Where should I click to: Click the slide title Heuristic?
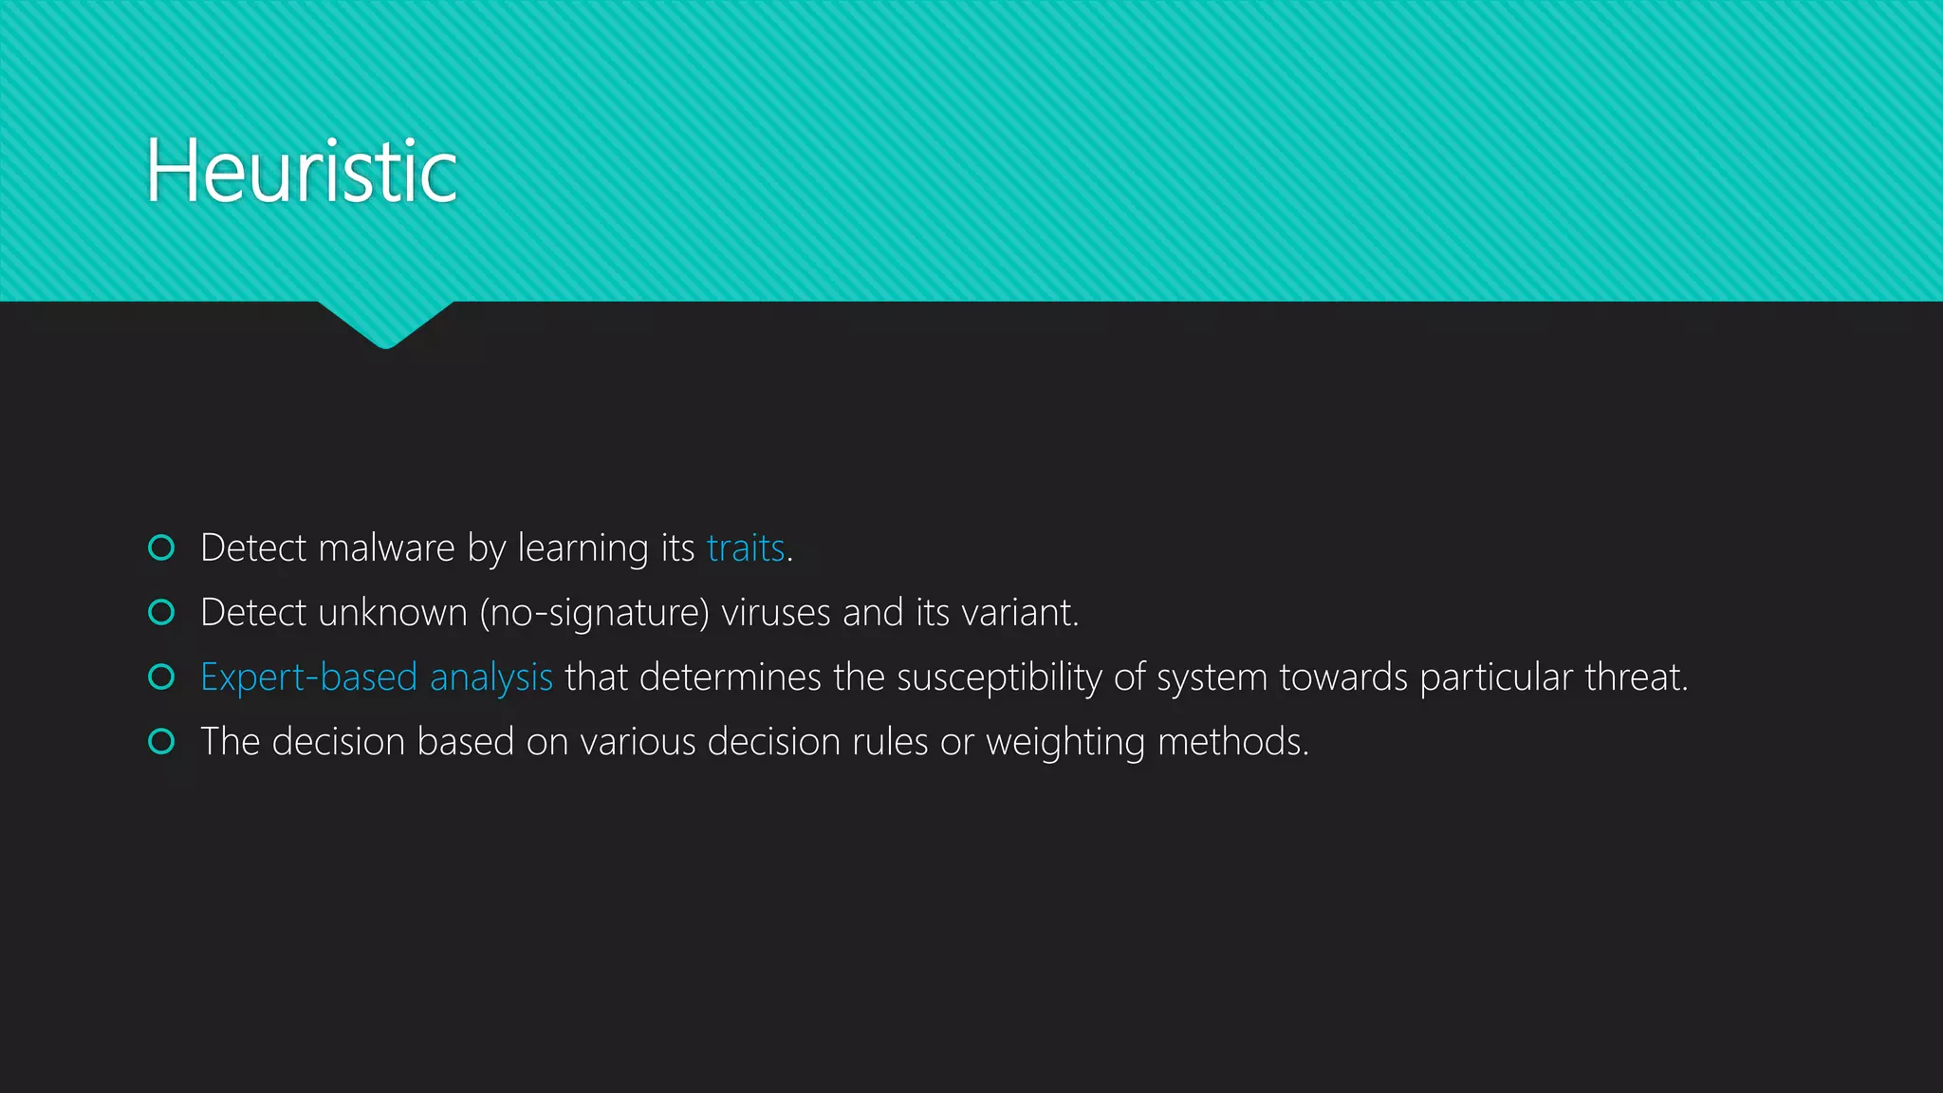[301, 172]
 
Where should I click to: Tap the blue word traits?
[746, 548]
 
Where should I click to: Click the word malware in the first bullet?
[386, 548]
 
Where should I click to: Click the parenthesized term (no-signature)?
[595, 614]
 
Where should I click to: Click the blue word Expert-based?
[309, 677]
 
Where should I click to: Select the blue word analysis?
[491, 678]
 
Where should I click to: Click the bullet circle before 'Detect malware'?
[162, 547]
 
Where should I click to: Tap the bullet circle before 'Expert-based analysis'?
[162, 676]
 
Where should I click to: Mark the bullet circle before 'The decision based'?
[162, 741]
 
